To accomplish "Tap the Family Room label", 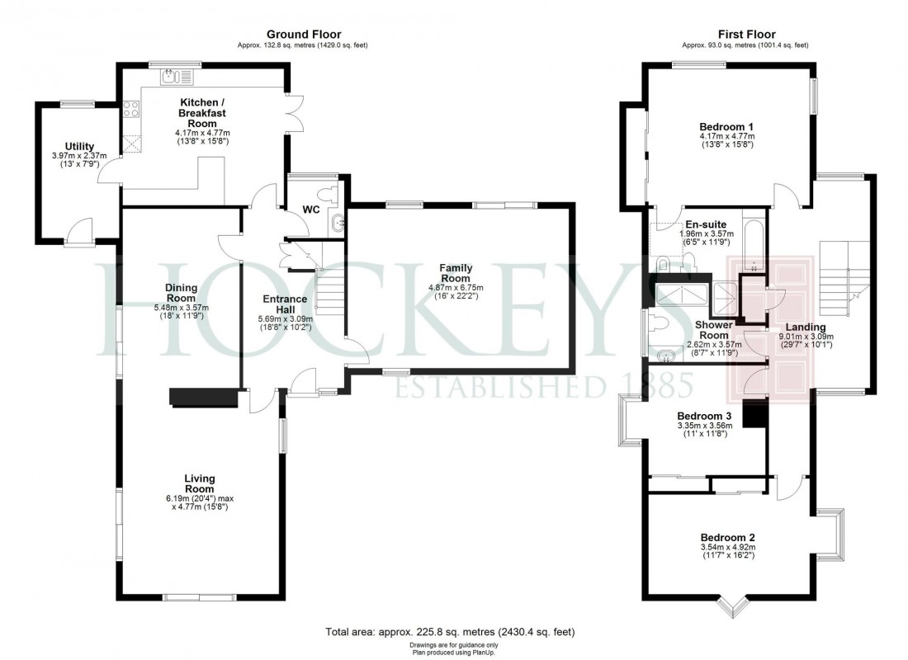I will (x=456, y=274).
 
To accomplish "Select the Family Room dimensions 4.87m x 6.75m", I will (x=456, y=288).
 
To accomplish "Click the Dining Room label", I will (x=181, y=293).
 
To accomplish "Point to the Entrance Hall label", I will (x=285, y=304).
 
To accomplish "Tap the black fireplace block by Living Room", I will (x=203, y=398).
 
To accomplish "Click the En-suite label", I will (x=706, y=224).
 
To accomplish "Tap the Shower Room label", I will (x=712, y=330).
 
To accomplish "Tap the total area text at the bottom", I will (x=451, y=632).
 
